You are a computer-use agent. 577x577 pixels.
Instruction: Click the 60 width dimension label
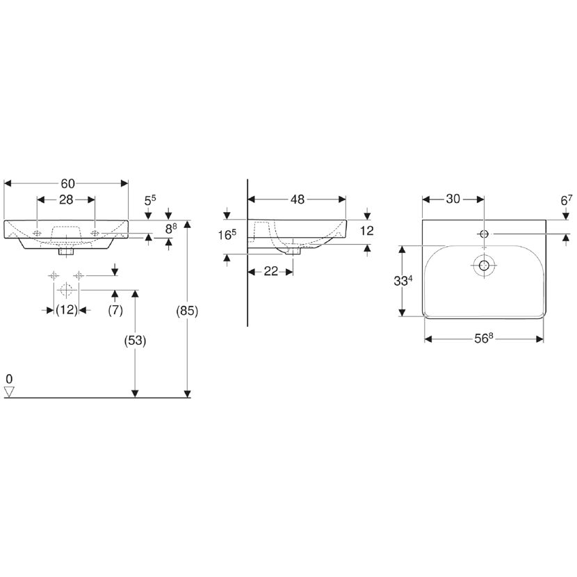click(67, 184)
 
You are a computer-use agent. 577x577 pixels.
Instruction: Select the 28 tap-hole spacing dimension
click(66, 200)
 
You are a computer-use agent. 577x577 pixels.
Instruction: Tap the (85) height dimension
click(187, 311)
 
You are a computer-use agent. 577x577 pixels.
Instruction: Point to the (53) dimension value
click(135, 341)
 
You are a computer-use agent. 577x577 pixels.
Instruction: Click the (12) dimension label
click(67, 310)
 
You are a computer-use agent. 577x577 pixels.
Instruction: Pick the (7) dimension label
click(115, 310)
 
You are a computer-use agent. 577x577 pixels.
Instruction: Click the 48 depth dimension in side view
click(298, 200)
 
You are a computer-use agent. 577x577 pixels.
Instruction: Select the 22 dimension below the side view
click(271, 271)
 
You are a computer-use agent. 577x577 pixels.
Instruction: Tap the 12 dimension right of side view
click(367, 231)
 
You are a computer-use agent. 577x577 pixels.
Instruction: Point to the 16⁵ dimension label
click(227, 234)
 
